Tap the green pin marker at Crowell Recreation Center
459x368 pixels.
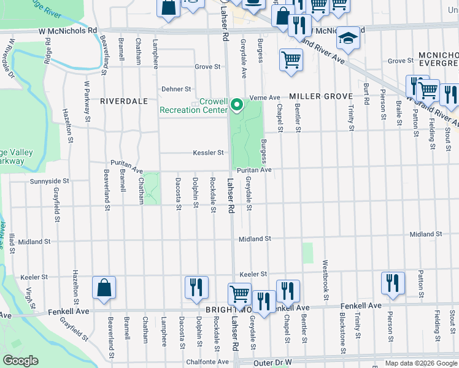[237, 106]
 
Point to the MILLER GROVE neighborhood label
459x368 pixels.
[321, 96]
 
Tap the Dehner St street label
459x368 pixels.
[177, 89]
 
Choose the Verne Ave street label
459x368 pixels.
[264, 98]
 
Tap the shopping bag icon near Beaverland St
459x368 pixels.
[104, 288]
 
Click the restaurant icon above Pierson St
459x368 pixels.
[392, 283]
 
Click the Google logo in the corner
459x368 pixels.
[21, 361]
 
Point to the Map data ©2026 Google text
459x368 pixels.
[420, 363]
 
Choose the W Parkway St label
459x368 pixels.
[87, 100]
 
